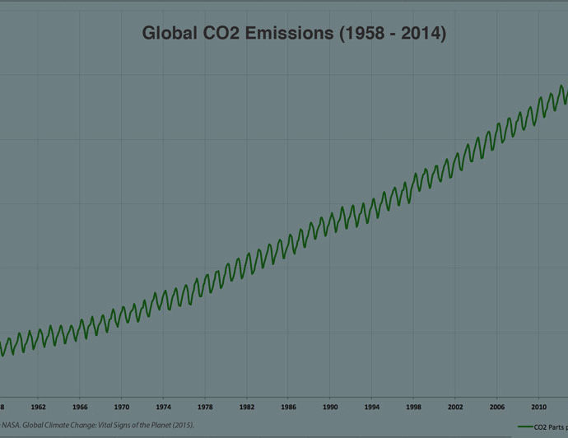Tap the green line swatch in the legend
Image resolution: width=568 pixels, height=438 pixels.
528,426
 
